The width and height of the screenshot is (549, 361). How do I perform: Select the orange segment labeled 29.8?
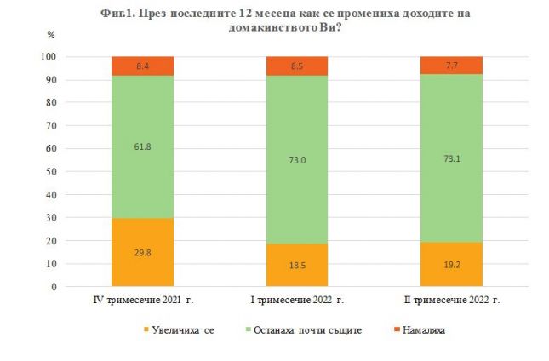[143, 252]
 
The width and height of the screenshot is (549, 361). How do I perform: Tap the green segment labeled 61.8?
[143, 146]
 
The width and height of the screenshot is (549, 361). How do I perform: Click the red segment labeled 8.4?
[143, 66]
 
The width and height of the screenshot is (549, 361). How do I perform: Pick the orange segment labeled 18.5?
[298, 265]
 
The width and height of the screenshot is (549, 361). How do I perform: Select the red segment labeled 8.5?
[298, 66]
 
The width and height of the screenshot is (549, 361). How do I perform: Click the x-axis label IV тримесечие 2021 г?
[143, 301]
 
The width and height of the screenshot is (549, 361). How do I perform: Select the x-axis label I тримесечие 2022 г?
[298, 301]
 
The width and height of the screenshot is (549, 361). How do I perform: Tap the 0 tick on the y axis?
[54, 287]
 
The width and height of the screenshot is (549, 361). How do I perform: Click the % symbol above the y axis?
[51, 36]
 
